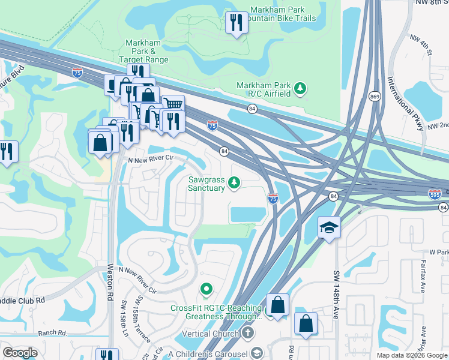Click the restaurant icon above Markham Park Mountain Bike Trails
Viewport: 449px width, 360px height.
pos(236,23)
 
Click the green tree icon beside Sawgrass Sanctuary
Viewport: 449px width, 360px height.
pos(236,182)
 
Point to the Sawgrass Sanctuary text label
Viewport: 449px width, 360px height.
pos(206,184)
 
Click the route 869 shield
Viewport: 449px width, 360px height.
pos(375,97)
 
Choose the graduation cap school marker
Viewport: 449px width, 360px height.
pos(329,227)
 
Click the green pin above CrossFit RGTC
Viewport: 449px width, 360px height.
pos(206,290)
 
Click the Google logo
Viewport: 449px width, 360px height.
pos(20,353)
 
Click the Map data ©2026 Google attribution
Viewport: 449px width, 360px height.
pos(411,355)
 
